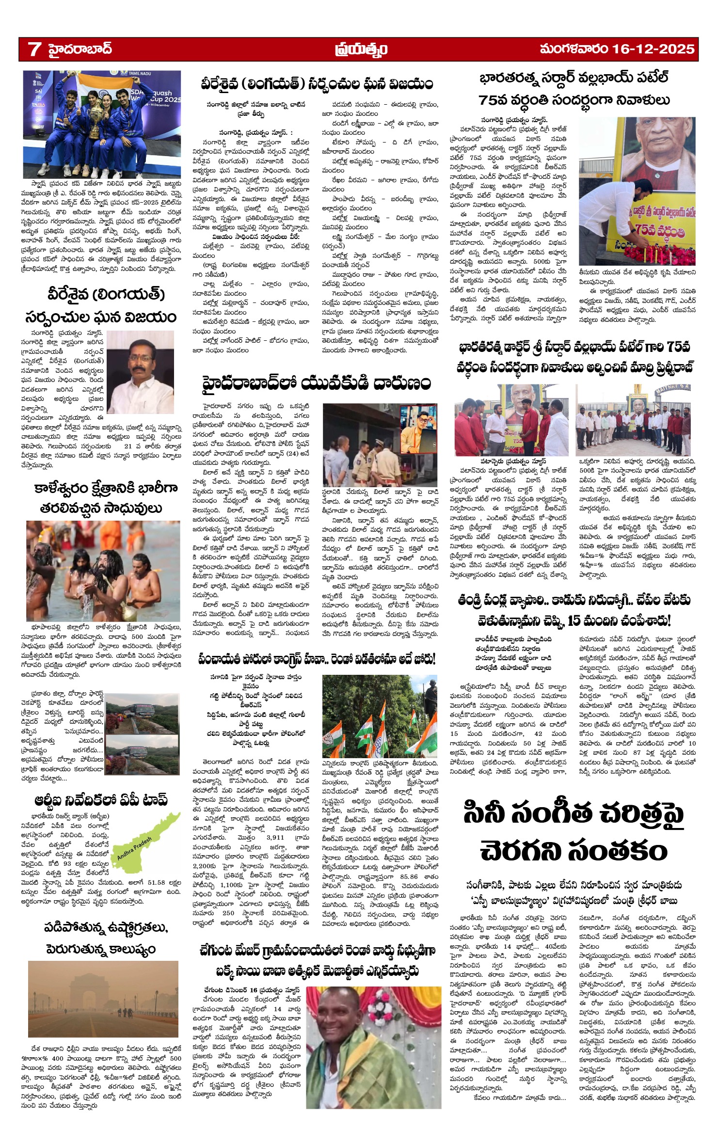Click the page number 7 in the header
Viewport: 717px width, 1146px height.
point(34,49)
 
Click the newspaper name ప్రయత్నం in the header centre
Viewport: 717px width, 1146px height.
point(361,49)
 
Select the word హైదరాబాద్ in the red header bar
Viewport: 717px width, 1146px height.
point(80,49)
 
